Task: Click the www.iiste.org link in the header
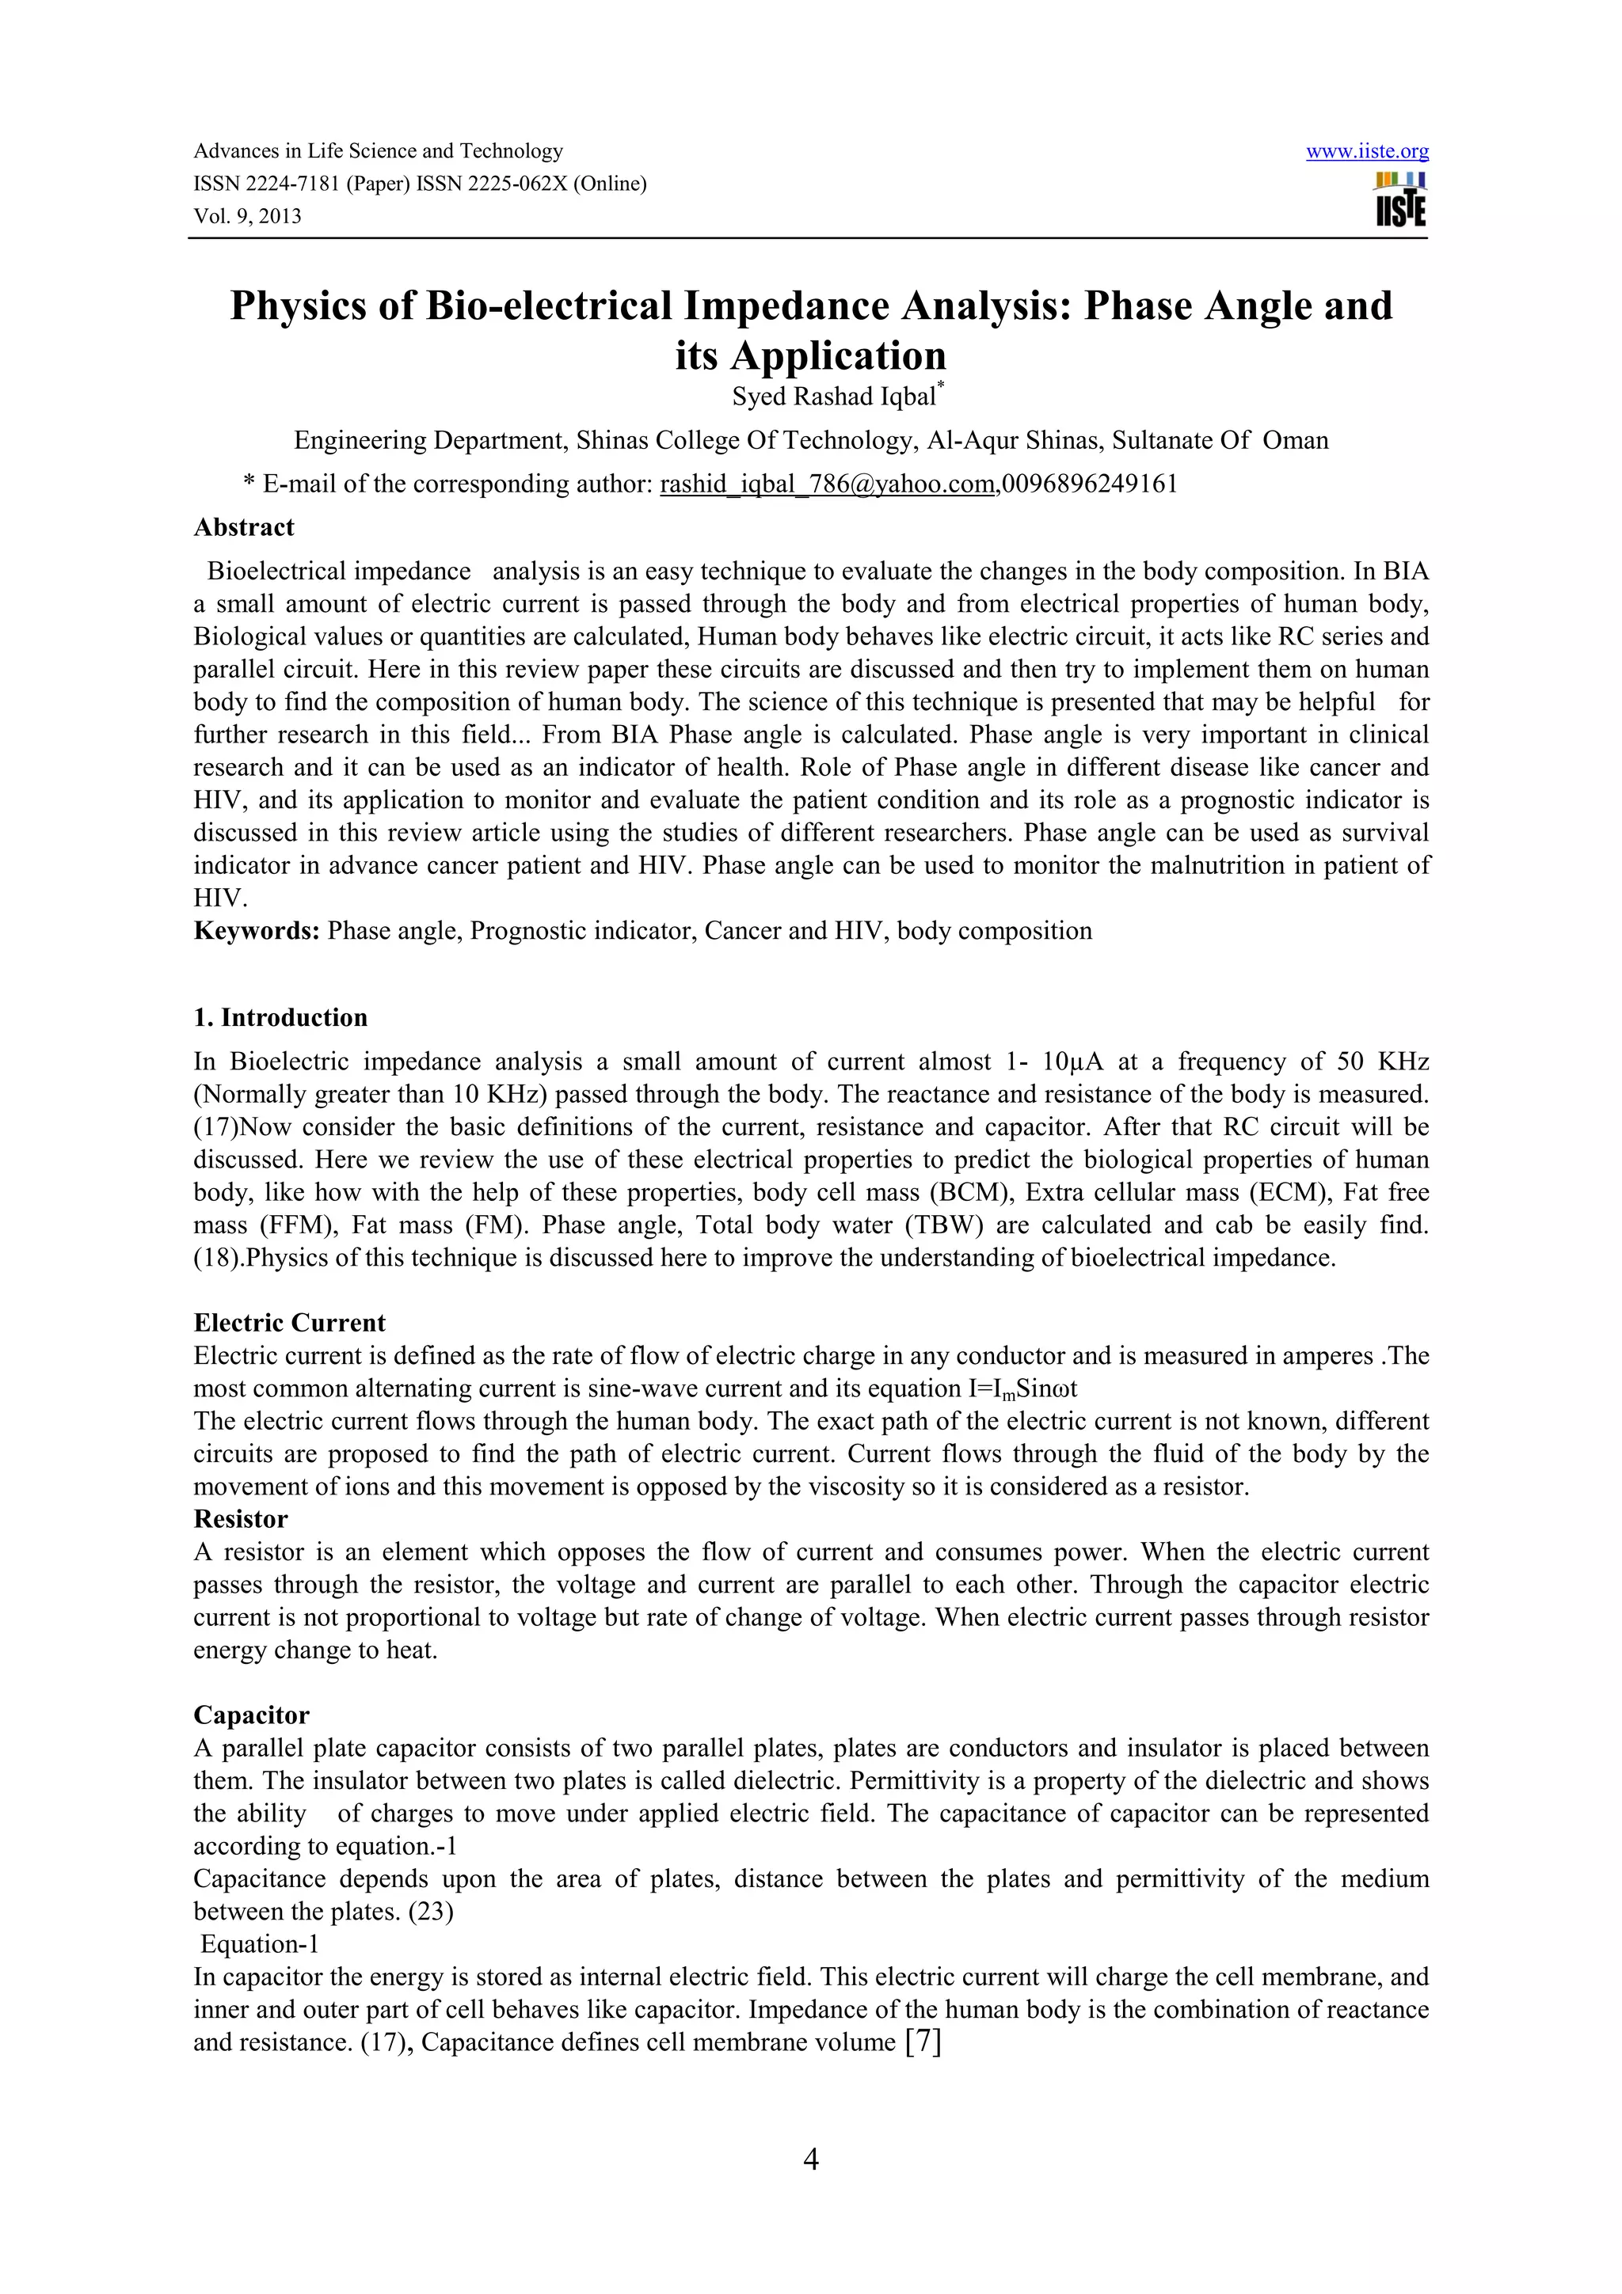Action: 1366,152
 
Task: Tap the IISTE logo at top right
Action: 1400,199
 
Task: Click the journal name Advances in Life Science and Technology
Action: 378,151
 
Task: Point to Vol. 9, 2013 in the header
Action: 247,217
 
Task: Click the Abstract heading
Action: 244,527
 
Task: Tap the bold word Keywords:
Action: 257,931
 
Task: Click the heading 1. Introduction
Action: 281,1018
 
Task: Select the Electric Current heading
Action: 289,1323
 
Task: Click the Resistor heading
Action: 241,1520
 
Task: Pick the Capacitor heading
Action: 251,1715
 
